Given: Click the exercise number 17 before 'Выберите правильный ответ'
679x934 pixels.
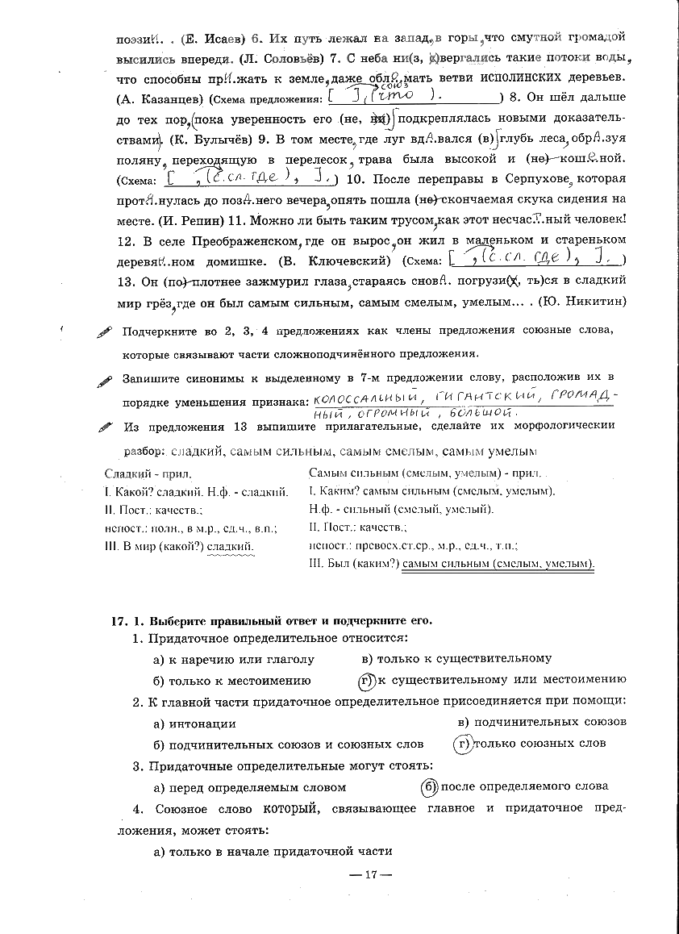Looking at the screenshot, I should click(119, 621).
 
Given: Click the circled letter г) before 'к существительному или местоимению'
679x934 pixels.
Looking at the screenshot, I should click(367, 680).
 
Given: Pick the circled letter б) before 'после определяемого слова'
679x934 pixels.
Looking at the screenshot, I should click(430, 786).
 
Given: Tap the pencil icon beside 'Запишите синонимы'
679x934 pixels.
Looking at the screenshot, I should click(106, 381).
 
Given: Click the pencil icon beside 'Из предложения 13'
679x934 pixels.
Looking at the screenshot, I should click(106, 427).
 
